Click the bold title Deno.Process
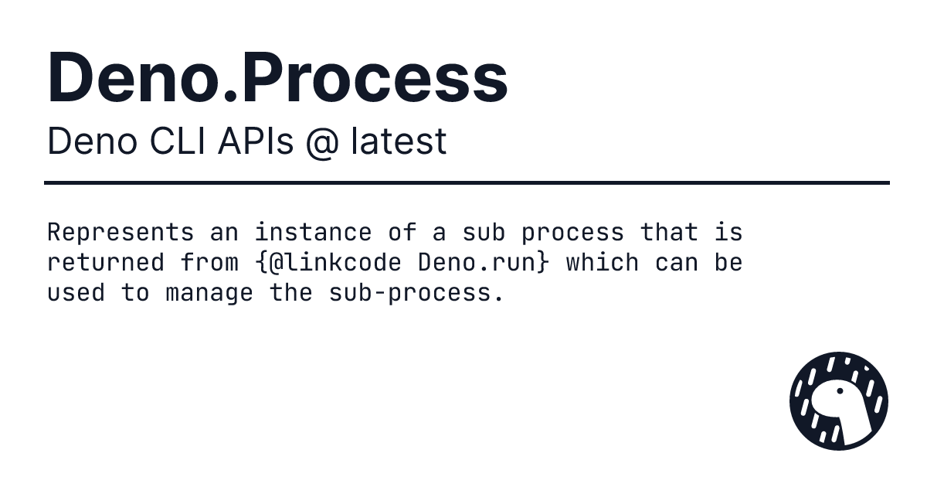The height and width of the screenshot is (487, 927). (277, 77)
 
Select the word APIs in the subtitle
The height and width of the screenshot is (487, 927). (256, 141)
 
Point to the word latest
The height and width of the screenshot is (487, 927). (399, 141)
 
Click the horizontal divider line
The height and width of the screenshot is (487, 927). (467, 182)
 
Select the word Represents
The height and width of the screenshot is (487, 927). (121, 233)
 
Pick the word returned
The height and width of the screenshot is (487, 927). (106, 263)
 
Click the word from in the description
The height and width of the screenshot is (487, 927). (209, 262)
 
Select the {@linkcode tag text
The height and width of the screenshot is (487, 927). (328, 263)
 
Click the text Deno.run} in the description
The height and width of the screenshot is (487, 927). (484, 263)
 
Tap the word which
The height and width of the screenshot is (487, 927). (602, 262)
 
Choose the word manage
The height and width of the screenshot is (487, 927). (209, 293)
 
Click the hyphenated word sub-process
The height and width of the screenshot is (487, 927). (416, 293)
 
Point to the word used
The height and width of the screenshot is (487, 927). (76, 292)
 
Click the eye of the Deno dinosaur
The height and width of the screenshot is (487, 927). (840, 391)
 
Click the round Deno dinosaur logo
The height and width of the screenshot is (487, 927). (838, 401)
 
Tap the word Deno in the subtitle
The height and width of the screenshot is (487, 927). (92, 141)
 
